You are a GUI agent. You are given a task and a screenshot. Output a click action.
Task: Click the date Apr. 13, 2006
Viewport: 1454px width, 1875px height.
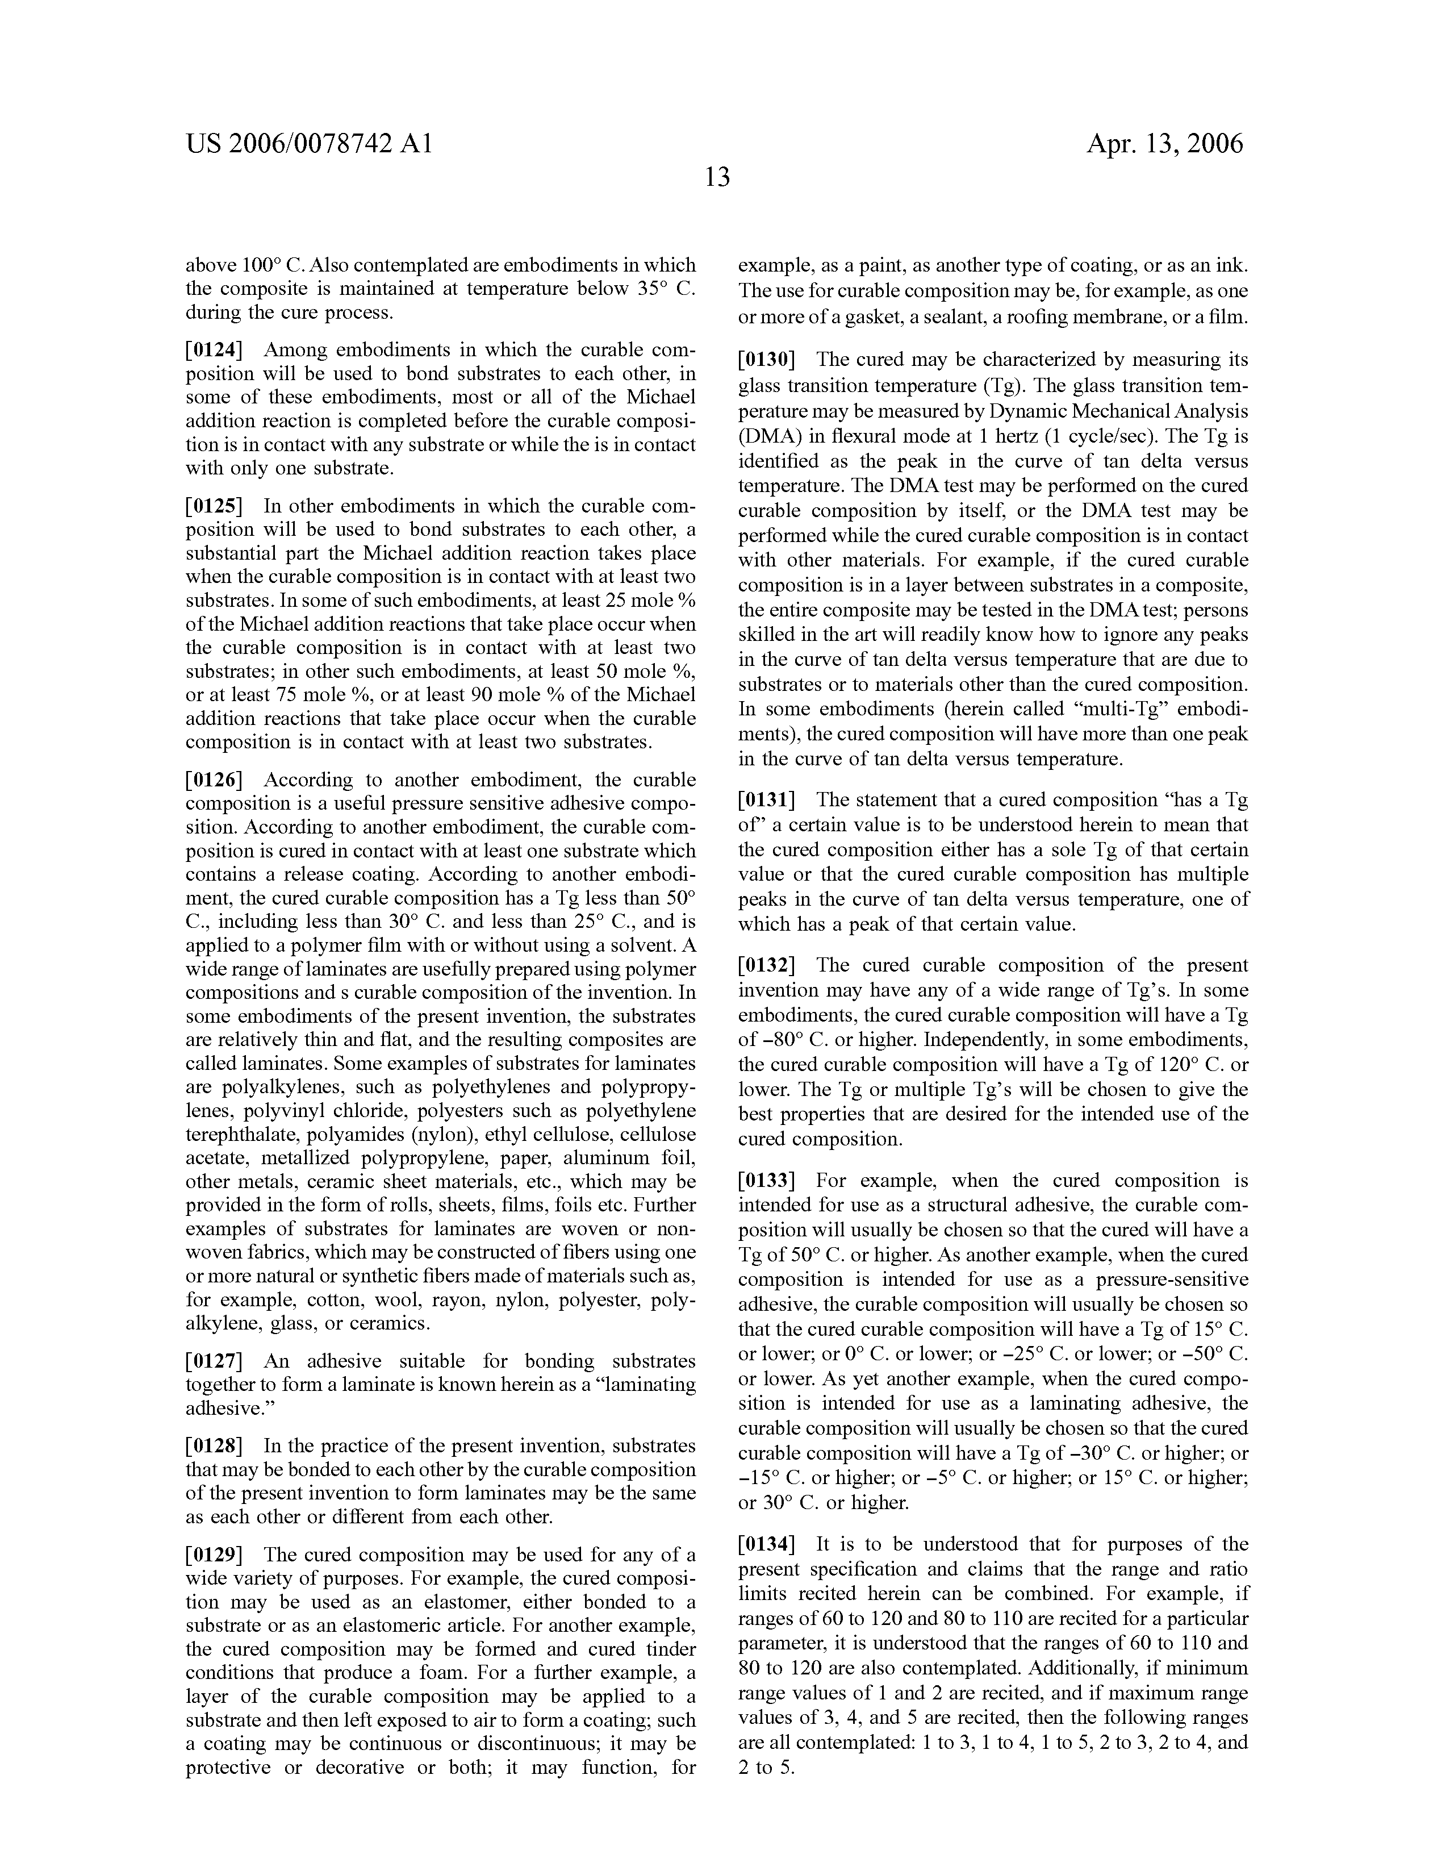pyautogui.click(x=1164, y=143)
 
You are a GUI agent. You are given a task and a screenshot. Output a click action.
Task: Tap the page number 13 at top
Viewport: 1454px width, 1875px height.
pyautogui.click(x=717, y=178)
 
